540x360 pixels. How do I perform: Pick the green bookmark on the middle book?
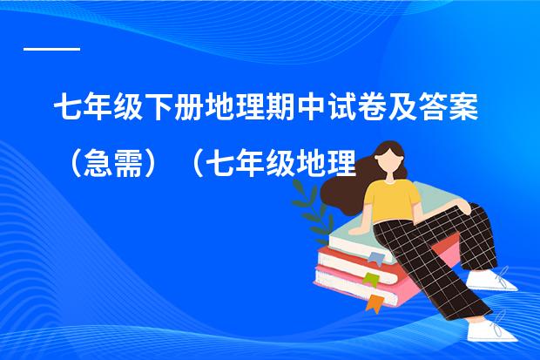371,278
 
